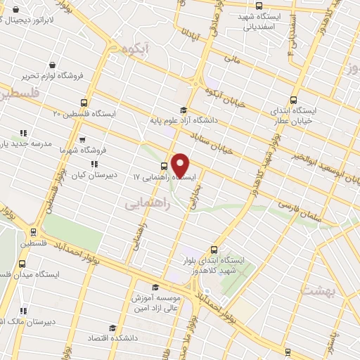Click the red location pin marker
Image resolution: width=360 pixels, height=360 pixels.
[181, 165]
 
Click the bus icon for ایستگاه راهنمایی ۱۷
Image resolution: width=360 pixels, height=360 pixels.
[164, 167]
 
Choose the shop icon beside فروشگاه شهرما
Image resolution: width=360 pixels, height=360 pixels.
[82, 139]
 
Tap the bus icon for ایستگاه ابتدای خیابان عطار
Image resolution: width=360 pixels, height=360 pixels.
[294, 101]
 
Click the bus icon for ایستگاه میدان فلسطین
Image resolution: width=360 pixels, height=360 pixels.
[22, 264]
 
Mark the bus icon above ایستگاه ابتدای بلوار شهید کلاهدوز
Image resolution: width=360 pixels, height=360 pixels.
[214, 249]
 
